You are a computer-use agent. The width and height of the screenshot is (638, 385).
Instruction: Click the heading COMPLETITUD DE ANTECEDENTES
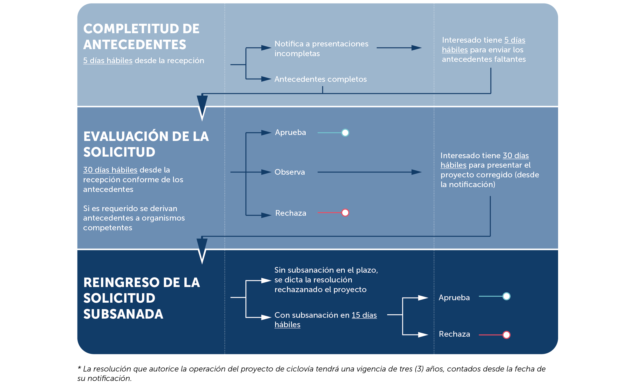pyautogui.click(x=141, y=36)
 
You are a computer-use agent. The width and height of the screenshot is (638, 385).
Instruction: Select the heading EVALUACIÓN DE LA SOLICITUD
pyautogui.click(x=146, y=144)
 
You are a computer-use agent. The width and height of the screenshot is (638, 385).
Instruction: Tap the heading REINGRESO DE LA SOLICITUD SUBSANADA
pyautogui.click(x=141, y=298)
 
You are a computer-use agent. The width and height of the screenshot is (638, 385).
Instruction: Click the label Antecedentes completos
pyautogui.click(x=320, y=79)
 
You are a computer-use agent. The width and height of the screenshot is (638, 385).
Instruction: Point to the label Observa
pyautogui.click(x=290, y=172)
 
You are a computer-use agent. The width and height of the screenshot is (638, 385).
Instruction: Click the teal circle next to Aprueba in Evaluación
pyautogui.click(x=345, y=133)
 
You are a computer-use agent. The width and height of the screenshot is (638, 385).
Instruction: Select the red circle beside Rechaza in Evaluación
pyautogui.click(x=345, y=213)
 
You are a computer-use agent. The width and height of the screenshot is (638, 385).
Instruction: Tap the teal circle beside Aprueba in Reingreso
pyautogui.click(x=507, y=296)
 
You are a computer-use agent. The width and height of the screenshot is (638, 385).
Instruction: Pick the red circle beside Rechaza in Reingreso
pyautogui.click(x=507, y=335)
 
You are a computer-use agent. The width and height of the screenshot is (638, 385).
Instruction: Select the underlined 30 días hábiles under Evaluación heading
pyautogui.click(x=110, y=170)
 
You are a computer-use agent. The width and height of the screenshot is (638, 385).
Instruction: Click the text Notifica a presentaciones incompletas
pyautogui.click(x=321, y=49)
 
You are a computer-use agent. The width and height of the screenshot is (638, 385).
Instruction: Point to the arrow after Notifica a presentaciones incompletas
pyautogui.click(x=399, y=48)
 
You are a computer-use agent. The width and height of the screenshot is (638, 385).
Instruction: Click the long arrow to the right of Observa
pyautogui.click(x=370, y=172)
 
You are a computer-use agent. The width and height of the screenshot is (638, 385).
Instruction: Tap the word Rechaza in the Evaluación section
pyautogui.click(x=291, y=213)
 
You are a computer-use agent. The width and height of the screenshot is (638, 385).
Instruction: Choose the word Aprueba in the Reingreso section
pyautogui.click(x=454, y=298)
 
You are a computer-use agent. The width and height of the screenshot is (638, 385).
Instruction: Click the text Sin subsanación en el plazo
pyautogui.click(x=326, y=270)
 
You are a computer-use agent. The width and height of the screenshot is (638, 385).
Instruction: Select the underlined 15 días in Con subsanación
pyautogui.click(x=364, y=315)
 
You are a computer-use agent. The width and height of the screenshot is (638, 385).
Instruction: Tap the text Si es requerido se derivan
pyautogui.click(x=130, y=208)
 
